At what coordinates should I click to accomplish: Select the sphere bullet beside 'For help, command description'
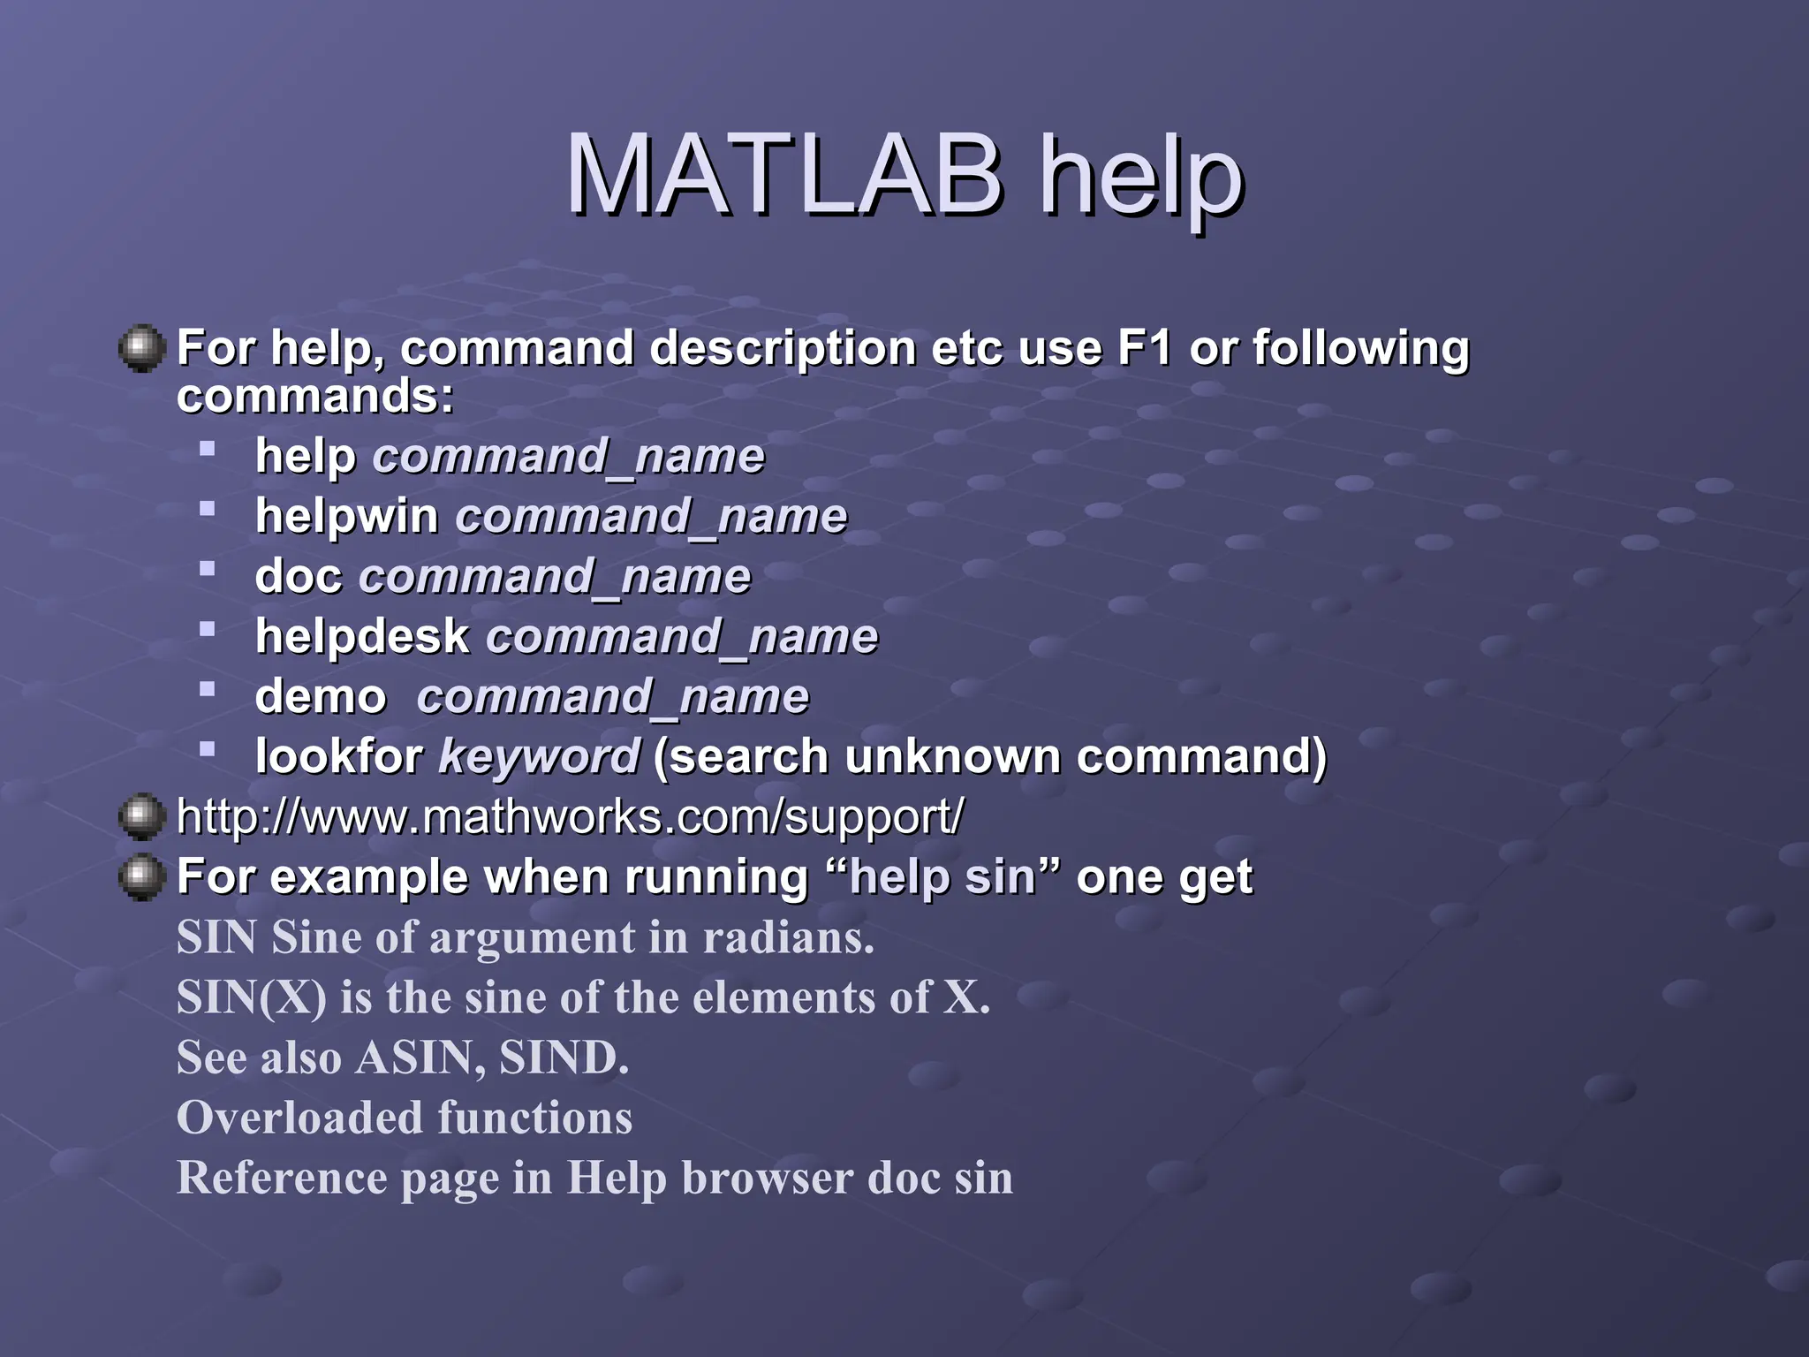(141, 348)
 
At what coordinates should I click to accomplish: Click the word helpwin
(346, 516)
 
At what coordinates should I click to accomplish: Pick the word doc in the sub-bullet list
(298, 576)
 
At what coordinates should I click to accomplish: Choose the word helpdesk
(362, 636)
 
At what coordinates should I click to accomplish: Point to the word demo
(321, 696)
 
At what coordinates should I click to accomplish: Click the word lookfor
(339, 756)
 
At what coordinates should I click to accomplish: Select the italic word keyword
(539, 757)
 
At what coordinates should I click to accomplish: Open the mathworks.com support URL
(570, 816)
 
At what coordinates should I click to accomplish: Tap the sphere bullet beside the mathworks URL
(141, 816)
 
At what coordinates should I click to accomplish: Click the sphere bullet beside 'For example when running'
(141, 877)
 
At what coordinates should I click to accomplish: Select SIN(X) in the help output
(251, 997)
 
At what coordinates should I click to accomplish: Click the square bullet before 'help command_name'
(208, 449)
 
